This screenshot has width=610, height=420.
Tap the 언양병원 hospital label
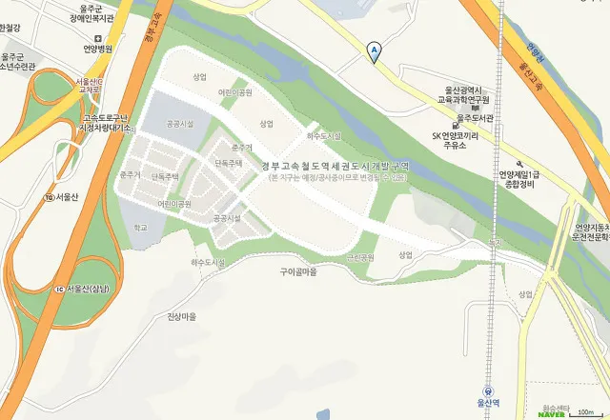pyautogui.click(x=97, y=49)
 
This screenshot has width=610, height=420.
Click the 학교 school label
pyautogui.click(x=141, y=228)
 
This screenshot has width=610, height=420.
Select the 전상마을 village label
pyautogui.click(x=180, y=316)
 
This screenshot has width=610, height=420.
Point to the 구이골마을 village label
pyautogui.click(x=297, y=271)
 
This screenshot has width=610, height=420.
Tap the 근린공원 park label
pyautogui.click(x=360, y=257)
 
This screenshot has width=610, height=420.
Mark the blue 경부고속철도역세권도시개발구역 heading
pyautogui.click(x=335, y=166)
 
